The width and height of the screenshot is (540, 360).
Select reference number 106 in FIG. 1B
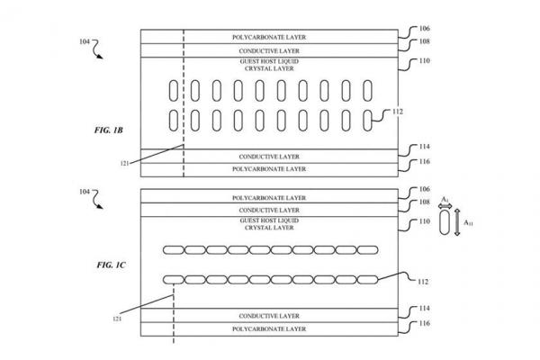(424, 27)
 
